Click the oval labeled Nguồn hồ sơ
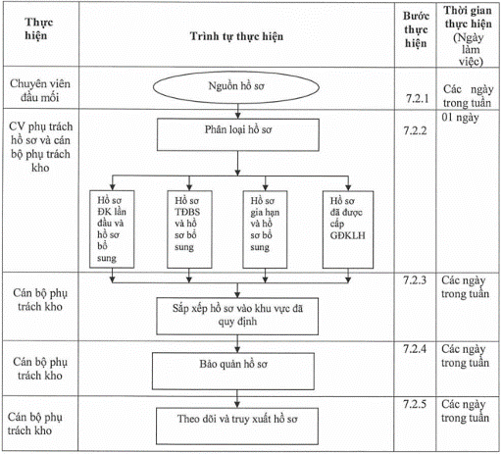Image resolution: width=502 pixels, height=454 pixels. [x=236, y=87]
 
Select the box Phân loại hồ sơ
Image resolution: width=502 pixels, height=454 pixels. [x=238, y=134]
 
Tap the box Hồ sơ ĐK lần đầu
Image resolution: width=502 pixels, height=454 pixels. [x=112, y=229]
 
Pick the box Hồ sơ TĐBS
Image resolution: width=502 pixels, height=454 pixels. [x=189, y=229]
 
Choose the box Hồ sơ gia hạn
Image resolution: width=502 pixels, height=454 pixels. [x=265, y=229]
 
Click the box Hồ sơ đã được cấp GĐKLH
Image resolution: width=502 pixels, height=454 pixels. [x=348, y=229]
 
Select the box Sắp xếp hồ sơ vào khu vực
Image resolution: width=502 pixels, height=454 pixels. [x=237, y=316]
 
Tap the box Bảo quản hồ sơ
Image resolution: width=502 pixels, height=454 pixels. [x=233, y=371]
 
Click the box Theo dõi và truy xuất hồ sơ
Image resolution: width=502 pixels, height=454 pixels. [x=237, y=426]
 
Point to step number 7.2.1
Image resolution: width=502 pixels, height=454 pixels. [x=417, y=98]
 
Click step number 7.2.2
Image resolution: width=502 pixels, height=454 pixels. [x=415, y=130]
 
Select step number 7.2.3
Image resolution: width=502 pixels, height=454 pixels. [x=415, y=280]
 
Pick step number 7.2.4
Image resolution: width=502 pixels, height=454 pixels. [x=415, y=349]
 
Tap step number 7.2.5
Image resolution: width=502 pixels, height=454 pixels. [x=415, y=404]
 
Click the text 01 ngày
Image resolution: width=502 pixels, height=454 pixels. [x=460, y=118]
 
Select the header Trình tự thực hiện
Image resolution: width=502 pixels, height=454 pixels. [x=236, y=36]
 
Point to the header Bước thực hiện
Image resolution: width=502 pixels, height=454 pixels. [x=416, y=29]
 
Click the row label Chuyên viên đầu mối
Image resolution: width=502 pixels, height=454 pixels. [x=40, y=90]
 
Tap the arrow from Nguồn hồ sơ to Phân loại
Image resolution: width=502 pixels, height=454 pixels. [x=238, y=111]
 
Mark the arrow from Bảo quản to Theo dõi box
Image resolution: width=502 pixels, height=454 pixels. [x=237, y=399]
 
